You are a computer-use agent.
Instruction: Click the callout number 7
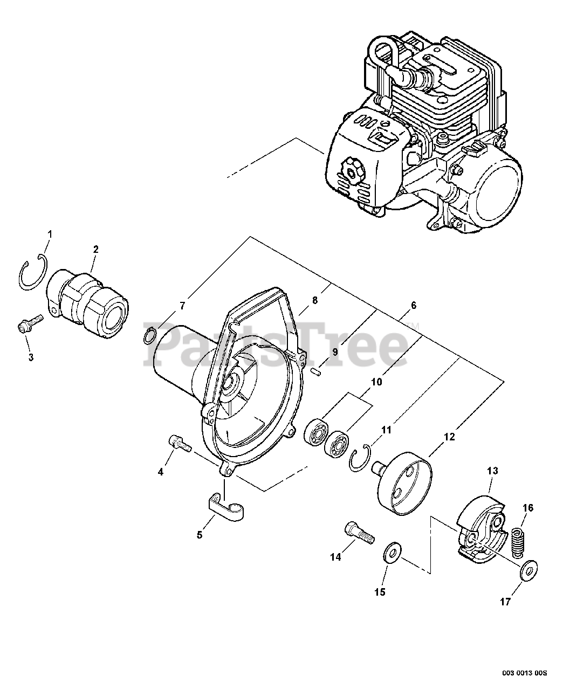182,306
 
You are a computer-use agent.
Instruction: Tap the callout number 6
414,305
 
